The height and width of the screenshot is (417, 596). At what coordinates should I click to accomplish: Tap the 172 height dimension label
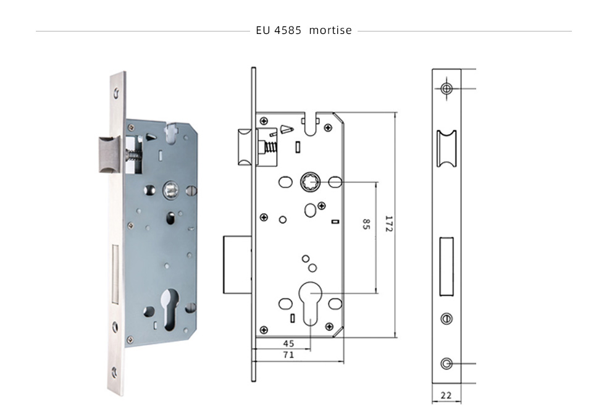pos(389,224)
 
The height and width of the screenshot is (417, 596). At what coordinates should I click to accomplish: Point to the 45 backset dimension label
pos(288,343)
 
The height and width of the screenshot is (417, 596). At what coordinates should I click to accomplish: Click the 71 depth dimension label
pos(288,355)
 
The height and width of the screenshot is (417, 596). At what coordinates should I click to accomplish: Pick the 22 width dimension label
pos(446,395)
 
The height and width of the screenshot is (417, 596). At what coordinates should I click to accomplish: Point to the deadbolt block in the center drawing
pos(237,264)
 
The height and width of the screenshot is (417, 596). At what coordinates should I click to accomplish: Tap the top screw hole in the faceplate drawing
pos(447,89)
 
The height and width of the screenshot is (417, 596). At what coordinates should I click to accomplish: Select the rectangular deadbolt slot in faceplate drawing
pos(447,266)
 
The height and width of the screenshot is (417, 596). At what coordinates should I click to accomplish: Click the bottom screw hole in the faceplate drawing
pos(447,363)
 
